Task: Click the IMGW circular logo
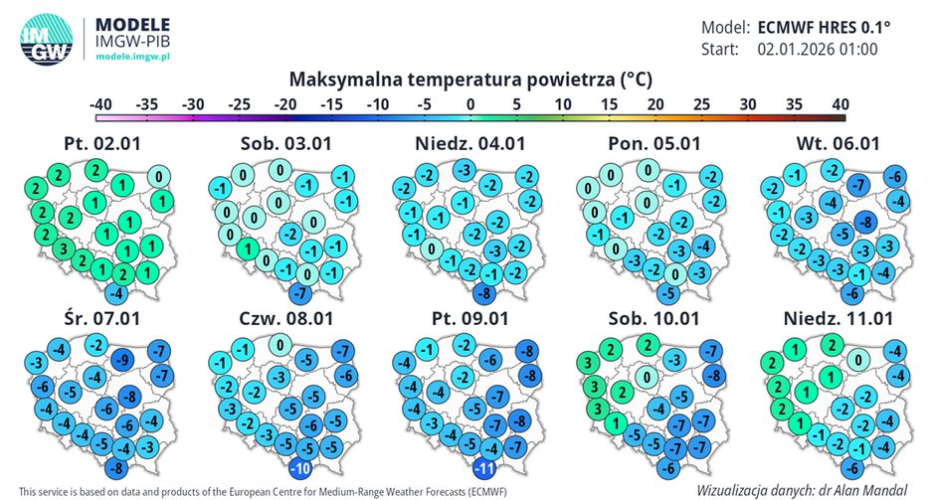(46, 41)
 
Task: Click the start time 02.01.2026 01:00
(817, 49)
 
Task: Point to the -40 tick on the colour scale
(98, 104)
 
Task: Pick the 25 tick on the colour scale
(701, 104)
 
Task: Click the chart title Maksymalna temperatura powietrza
(470, 78)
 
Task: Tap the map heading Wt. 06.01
(837, 143)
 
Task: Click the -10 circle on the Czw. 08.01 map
(299, 468)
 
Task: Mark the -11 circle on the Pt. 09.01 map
(485, 468)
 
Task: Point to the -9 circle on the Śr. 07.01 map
(123, 362)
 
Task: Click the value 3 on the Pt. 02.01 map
(62, 248)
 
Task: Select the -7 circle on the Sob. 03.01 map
(299, 294)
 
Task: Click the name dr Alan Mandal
(871, 489)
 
